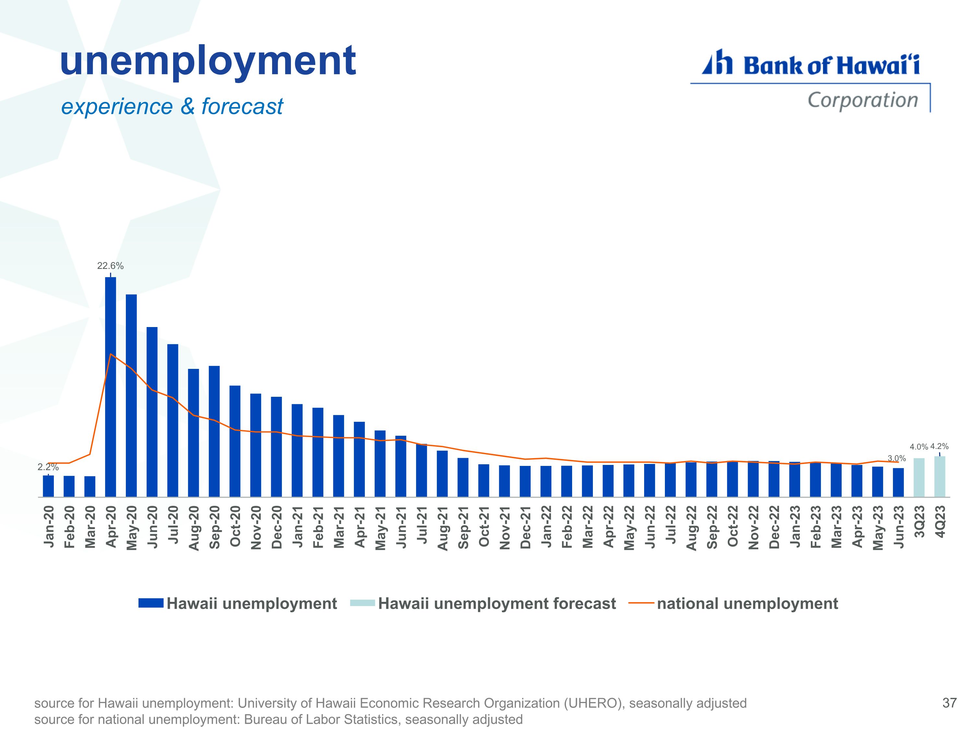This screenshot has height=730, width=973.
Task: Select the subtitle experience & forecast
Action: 172,106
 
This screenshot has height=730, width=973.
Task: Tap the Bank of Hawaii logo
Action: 810,80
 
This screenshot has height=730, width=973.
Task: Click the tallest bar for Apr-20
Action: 110,387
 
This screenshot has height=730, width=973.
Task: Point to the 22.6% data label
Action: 110,266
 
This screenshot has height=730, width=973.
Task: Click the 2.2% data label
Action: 48,467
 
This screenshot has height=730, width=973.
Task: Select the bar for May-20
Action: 131,396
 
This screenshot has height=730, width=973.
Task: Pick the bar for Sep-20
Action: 214,431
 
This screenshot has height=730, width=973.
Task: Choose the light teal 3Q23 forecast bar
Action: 919,478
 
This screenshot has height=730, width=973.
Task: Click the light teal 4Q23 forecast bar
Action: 940,477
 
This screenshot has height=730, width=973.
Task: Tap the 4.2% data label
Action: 940,446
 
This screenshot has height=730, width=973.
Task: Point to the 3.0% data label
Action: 897,458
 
